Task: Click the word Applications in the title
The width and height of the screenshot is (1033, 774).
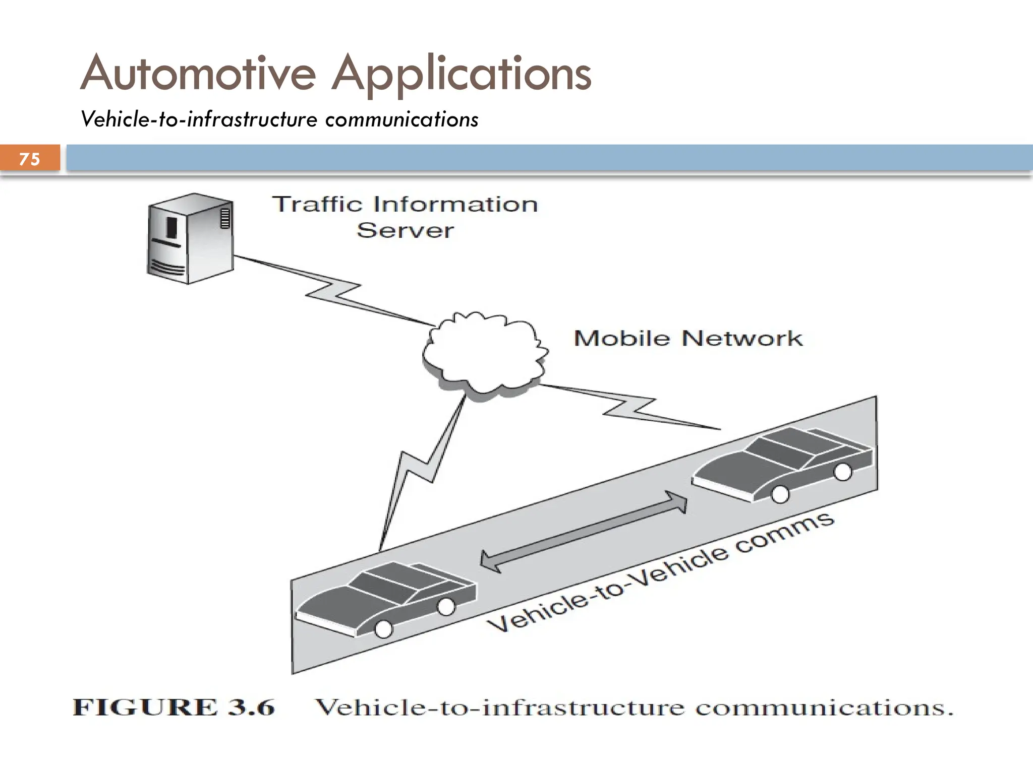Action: [461, 75]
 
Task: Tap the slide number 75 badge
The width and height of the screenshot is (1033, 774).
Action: [30, 159]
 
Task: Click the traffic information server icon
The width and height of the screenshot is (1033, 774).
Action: [190, 238]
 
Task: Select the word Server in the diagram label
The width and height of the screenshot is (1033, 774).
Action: [405, 230]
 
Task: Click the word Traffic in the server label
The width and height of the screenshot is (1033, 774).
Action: [317, 204]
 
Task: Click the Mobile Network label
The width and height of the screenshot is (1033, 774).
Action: [688, 338]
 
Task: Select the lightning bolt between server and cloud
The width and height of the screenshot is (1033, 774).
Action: [333, 291]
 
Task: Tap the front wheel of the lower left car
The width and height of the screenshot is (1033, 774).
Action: [384, 628]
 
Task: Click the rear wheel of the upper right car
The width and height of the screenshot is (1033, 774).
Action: [842, 472]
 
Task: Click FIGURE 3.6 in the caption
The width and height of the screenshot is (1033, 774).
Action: [174, 707]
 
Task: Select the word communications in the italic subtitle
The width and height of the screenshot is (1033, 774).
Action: [401, 120]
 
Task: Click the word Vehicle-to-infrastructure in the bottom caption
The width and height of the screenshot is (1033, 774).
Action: [499, 707]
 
